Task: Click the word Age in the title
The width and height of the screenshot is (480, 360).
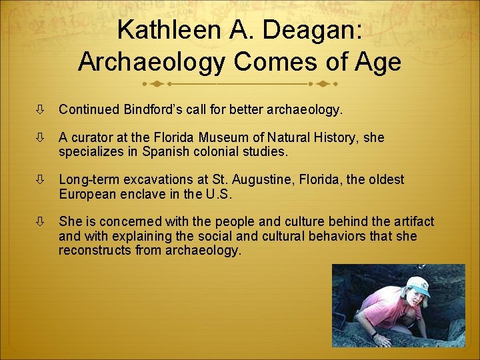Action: tap(379, 62)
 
